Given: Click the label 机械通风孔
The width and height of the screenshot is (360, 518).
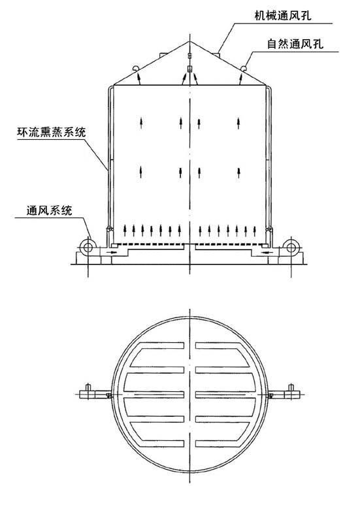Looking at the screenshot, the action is (283, 16).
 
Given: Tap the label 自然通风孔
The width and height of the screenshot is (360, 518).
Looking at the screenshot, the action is (295, 44).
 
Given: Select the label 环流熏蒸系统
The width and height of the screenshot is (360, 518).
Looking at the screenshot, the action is (51, 132).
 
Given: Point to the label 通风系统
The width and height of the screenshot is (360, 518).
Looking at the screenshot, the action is (49, 210).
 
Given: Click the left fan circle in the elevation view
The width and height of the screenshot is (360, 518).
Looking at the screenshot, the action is (88, 247).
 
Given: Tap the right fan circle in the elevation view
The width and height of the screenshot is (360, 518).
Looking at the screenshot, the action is (291, 247).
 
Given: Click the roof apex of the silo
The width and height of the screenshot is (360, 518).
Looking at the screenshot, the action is (189, 42).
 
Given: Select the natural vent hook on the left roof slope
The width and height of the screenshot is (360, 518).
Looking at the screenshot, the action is (135, 69).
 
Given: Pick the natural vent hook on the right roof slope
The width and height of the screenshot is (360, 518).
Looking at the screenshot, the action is (244, 69).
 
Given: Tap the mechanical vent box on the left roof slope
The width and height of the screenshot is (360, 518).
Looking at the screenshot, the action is (163, 54).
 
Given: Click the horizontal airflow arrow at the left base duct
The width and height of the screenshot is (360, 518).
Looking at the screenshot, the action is (112, 253).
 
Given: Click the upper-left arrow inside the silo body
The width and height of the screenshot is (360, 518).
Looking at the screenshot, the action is (141, 122).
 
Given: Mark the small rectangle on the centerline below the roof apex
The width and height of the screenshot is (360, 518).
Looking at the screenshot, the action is (189, 69).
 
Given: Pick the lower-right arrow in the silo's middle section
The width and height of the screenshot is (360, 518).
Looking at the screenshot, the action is (238, 172).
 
